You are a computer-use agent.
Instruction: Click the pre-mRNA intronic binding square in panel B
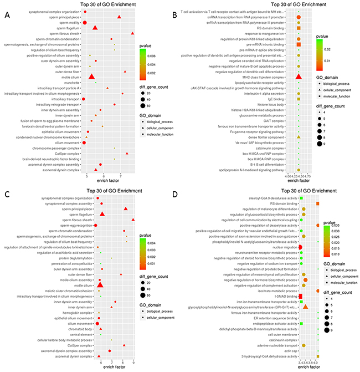click(x=299, y=44)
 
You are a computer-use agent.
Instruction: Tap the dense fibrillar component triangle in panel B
click(x=299, y=136)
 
